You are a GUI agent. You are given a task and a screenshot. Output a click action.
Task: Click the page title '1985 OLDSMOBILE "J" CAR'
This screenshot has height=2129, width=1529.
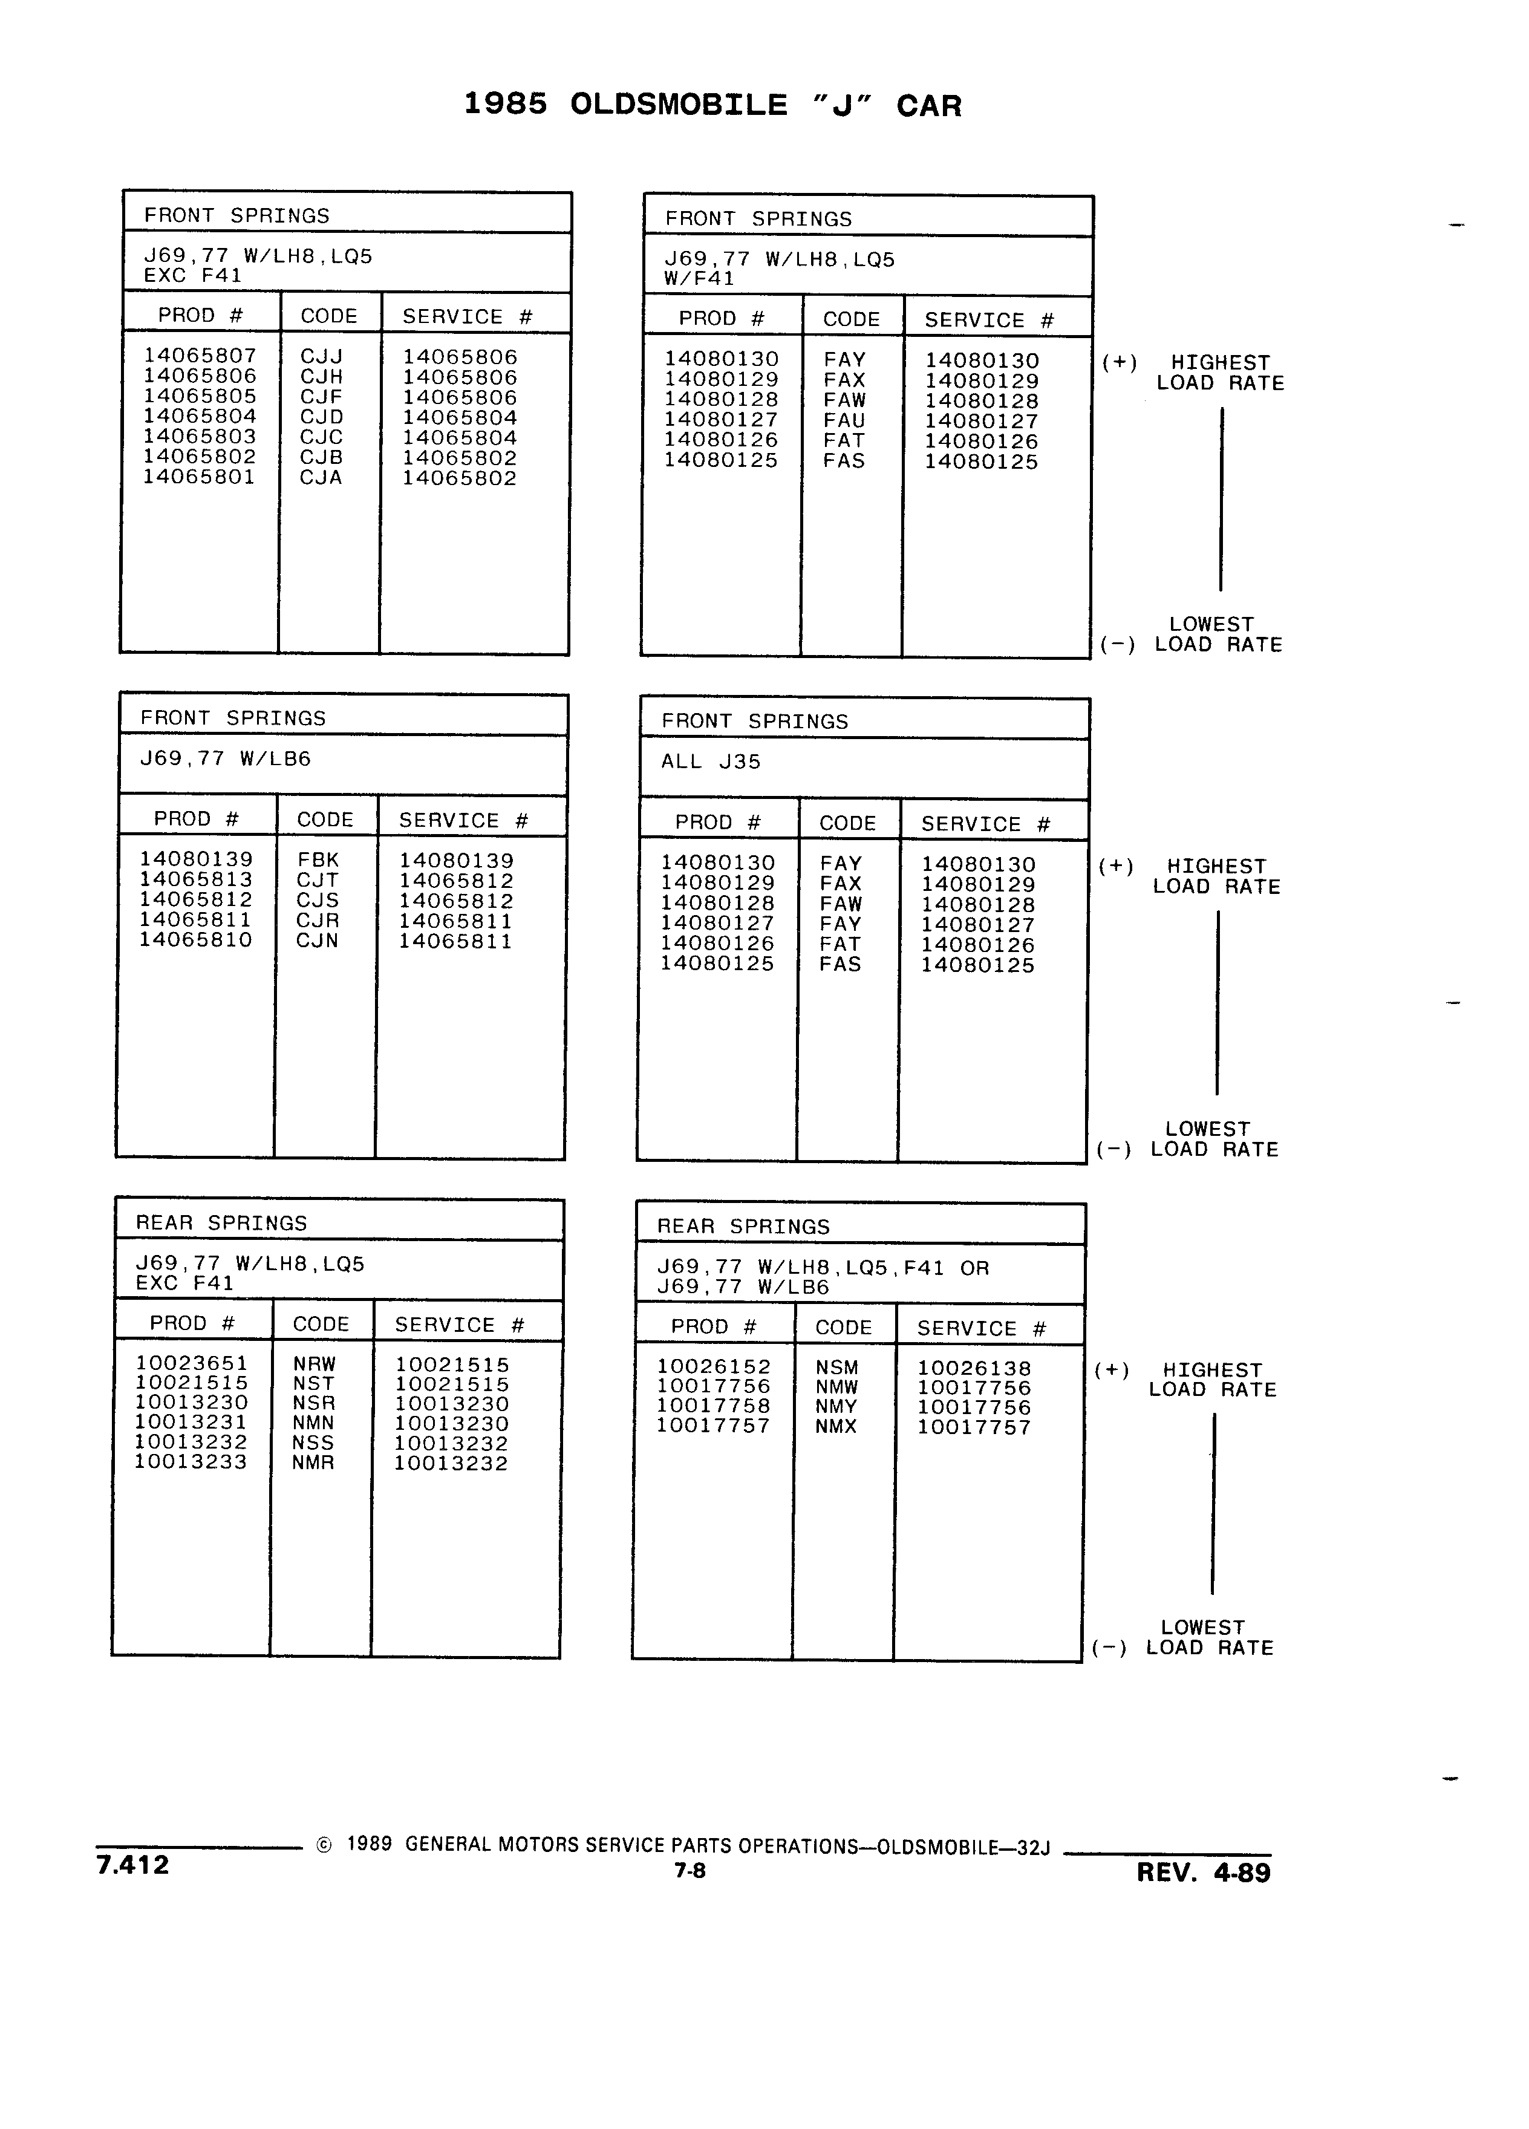click(712, 105)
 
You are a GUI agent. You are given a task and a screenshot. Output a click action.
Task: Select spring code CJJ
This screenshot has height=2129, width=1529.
click(322, 357)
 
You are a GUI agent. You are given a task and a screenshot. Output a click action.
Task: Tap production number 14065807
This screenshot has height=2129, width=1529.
click(200, 355)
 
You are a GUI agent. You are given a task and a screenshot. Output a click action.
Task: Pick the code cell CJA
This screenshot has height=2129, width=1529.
click(321, 478)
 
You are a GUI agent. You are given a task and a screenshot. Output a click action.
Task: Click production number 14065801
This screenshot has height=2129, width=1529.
click(199, 476)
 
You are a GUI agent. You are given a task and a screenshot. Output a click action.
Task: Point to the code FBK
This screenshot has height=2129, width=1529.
click(318, 860)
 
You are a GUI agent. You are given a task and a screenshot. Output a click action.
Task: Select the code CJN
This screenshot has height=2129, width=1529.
click(318, 941)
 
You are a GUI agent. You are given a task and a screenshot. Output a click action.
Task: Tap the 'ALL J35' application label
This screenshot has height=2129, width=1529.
click(711, 761)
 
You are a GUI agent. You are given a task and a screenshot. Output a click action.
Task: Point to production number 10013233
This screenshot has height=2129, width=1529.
click(191, 1462)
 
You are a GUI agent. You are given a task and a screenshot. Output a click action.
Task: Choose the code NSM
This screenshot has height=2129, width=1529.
click(837, 1368)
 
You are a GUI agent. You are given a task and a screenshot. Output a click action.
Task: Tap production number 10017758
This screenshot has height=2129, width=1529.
click(713, 1405)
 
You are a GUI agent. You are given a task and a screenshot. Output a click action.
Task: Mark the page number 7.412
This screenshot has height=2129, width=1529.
click(132, 1864)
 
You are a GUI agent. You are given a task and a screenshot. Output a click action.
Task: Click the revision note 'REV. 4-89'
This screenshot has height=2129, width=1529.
click(1204, 1873)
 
